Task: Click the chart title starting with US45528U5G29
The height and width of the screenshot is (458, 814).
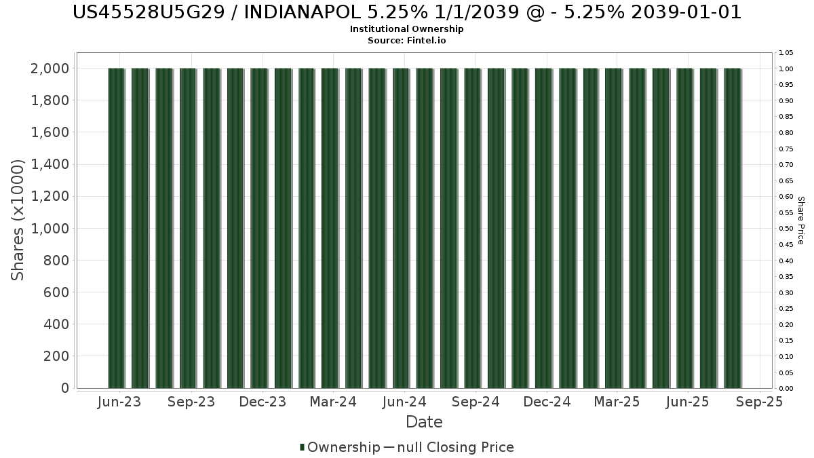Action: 406,12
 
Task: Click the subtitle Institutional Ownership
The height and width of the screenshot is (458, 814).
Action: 406,29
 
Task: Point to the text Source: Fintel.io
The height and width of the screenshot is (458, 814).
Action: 406,40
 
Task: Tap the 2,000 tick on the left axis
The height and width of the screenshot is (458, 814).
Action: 50,69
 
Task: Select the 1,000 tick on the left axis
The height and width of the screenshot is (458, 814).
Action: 50,229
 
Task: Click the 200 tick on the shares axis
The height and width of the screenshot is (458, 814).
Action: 56,356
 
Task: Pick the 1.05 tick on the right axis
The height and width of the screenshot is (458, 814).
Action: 786,53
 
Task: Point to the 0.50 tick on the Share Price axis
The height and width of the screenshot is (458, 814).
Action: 786,229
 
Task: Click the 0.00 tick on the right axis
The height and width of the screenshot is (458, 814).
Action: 786,389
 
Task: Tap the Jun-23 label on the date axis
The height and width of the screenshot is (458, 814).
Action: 119,402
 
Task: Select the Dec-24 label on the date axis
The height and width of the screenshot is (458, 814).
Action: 547,402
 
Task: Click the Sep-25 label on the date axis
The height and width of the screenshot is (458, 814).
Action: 760,402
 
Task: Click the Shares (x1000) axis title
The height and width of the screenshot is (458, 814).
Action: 17,221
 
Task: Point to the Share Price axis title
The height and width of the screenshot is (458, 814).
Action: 801,221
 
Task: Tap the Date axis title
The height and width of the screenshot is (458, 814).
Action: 424,422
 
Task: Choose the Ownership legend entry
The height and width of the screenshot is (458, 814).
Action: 340,447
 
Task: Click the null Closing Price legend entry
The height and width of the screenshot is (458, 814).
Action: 449,447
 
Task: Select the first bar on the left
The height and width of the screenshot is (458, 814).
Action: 116,228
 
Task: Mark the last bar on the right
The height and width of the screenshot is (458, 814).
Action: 733,228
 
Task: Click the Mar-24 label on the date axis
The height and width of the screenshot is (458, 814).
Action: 333,402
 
